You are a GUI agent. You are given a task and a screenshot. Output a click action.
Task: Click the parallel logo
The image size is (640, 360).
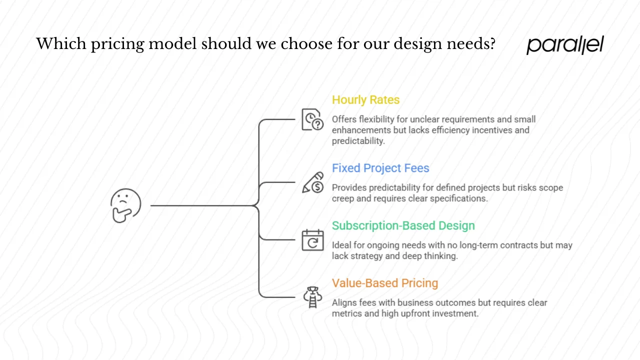click(565, 44)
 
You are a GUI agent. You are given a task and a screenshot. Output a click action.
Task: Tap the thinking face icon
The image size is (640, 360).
click(125, 205)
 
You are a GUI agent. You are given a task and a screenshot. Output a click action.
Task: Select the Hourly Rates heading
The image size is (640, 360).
click(365, 100)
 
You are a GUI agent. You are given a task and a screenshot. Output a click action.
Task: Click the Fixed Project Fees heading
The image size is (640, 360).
click(380, 168)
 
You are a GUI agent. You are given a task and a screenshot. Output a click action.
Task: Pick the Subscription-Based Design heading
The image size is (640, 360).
click(403, 225)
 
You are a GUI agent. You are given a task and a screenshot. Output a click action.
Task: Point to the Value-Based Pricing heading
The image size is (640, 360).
click(384, 283)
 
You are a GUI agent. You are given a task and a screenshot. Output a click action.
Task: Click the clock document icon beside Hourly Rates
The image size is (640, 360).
click(312, 120)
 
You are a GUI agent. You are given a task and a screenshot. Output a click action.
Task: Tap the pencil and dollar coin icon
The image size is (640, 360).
click(312, 182)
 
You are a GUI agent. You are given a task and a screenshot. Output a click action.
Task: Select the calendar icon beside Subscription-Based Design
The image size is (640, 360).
click(312, 240)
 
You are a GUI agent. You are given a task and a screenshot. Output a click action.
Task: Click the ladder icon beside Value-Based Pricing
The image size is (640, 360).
click(312, 297)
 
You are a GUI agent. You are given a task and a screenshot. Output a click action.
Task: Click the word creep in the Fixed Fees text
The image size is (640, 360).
click(343, 198)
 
